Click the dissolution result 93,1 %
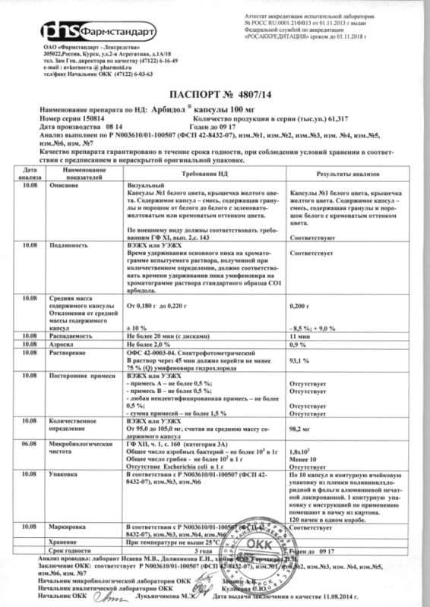[x=291, y=360]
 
